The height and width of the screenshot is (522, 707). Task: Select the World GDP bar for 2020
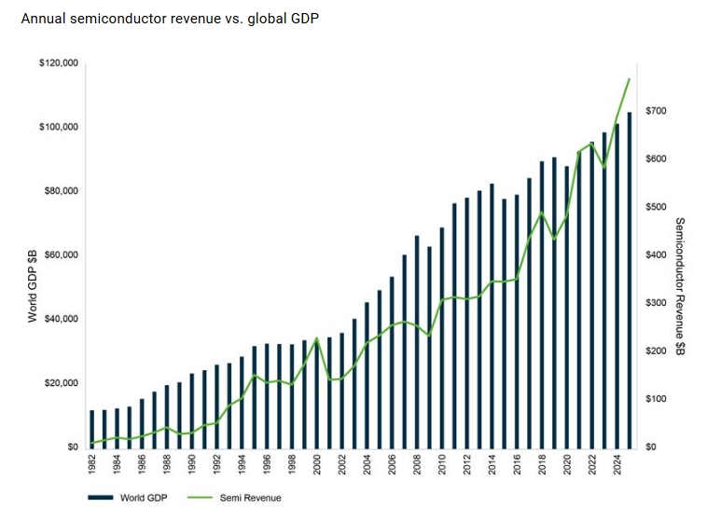click(566, 307)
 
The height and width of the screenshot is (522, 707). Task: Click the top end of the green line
click(630, 79)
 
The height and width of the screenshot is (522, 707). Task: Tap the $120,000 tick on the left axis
click(58, 63)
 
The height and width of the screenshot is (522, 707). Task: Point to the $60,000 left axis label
click(61, 255)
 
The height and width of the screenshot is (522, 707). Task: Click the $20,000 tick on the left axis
click(61, 383)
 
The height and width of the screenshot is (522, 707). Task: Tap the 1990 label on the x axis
click(191, 465)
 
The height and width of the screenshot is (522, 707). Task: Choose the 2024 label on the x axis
click(617, 465)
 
